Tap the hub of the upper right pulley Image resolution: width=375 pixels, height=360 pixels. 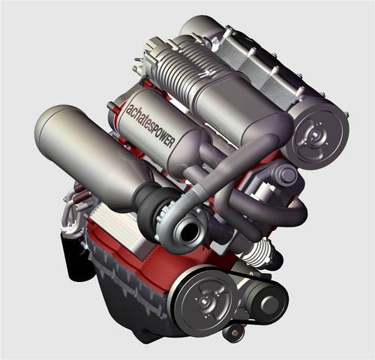[x=313, y=135]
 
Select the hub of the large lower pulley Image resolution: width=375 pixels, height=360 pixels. [x=205, y=300]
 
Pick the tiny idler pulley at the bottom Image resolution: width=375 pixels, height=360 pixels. [x=234, y=333]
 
